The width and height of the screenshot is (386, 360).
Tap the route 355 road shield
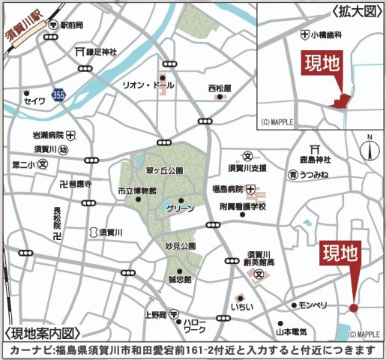[58, 96]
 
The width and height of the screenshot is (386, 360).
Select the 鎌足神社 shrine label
[100, 52]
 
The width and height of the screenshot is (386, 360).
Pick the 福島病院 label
[226, 188]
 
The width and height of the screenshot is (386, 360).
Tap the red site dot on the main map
[353, 307]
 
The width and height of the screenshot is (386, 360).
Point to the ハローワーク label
[196, 325]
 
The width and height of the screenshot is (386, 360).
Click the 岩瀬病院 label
[47, 136]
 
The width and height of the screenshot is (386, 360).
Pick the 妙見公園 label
[181, 245]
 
